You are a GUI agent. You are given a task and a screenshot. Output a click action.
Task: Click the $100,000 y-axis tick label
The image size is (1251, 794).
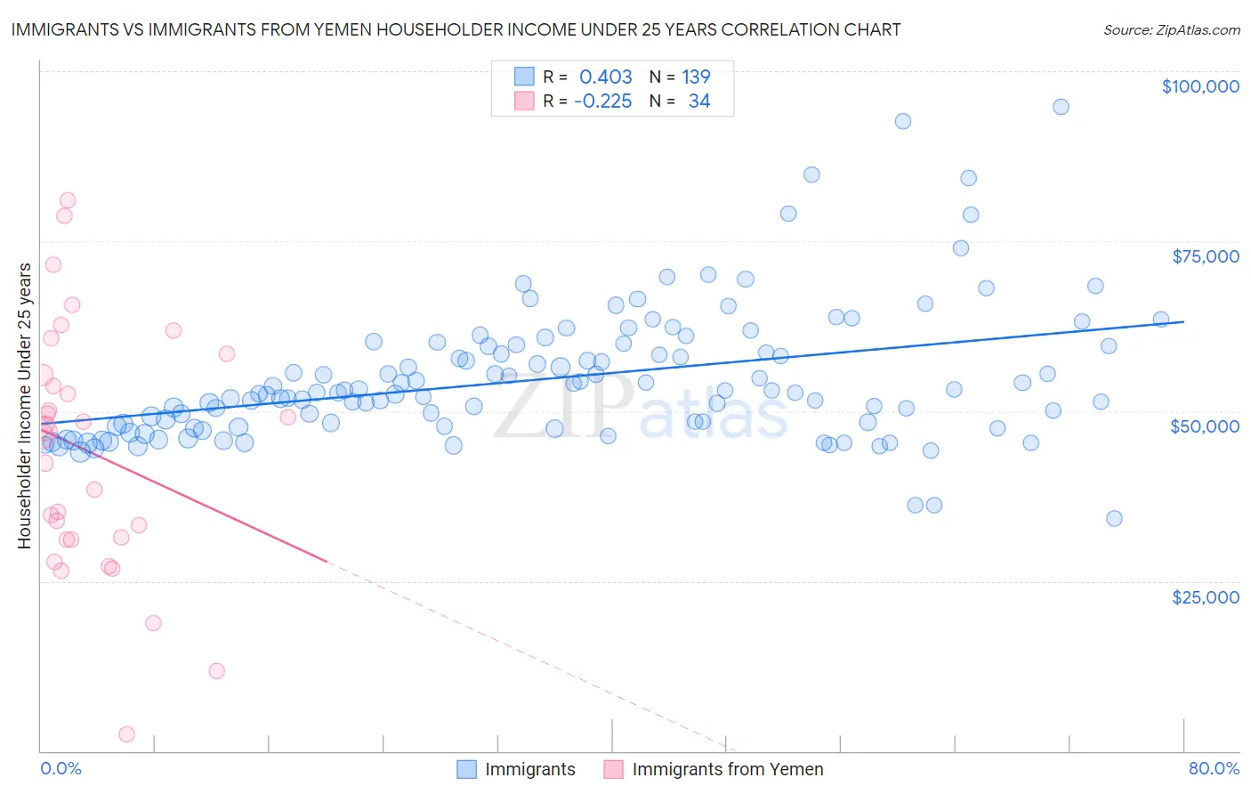tap(1200, 86)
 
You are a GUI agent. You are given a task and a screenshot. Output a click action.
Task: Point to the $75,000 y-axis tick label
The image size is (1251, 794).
tap(1205, 256)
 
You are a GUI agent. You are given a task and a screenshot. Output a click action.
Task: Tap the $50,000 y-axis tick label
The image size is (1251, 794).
tap(1204, 426)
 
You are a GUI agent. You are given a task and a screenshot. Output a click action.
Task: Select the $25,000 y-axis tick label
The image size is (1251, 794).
tap(1205, 596)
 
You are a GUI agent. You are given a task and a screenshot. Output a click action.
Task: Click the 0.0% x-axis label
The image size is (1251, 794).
tap(61, 768)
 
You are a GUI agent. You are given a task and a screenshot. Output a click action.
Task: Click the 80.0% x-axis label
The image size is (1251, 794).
tap(1214, 768)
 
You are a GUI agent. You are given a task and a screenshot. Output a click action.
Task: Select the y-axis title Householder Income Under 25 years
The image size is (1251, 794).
tap(25, 405)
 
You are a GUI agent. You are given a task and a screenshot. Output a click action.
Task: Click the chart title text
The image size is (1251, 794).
tap(456, 29)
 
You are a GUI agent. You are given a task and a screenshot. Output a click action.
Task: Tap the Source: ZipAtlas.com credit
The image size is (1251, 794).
tap(1171, 29)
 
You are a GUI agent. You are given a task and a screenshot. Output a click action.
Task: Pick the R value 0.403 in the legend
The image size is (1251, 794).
tap(605, 77)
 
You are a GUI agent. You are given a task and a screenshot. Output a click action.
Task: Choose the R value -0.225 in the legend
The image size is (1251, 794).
tap(602, 101)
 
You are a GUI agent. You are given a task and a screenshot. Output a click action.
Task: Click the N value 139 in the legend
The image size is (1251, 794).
tap(696, 77)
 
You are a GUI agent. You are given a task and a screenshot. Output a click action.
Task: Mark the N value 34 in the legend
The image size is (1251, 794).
tap(699, 101)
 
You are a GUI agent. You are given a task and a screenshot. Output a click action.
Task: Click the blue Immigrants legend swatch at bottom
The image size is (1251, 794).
tap(467, 769)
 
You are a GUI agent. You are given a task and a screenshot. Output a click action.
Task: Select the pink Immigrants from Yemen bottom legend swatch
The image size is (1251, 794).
tap(614, 769)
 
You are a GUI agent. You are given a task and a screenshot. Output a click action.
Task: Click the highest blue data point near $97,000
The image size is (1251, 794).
tap(1061, 107)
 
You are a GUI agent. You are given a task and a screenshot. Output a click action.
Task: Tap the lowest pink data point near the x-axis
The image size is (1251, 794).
tap(126, 734)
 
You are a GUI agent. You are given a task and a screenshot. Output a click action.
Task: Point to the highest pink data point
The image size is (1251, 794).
tap(68, 200)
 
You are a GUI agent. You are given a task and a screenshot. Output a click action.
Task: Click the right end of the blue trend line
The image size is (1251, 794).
tap(1183, 321)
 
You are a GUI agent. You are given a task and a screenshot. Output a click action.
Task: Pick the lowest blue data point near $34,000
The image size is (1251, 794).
tap(1114, 518)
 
